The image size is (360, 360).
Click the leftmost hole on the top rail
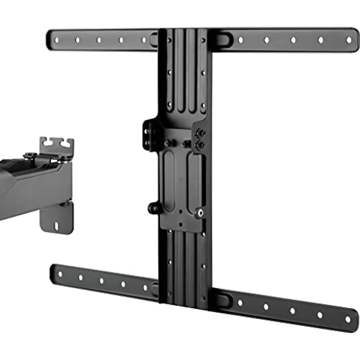[56, 40]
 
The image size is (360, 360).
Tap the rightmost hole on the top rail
[349, 40]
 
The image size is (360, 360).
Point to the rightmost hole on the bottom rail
[348, 319]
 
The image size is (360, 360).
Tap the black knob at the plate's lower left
[153, 208]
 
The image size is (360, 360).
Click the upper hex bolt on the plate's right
[200, 133]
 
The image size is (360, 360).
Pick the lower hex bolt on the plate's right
[200, 145]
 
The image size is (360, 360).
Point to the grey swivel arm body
[29, 188]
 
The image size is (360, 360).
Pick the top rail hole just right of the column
[240, 40]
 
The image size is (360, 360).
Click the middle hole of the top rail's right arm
[293, 40]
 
